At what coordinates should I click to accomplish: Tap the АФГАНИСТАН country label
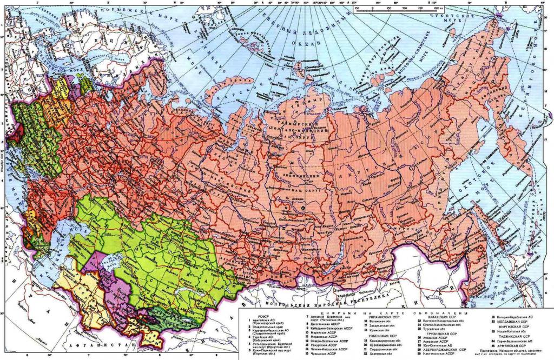pos(95,344)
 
